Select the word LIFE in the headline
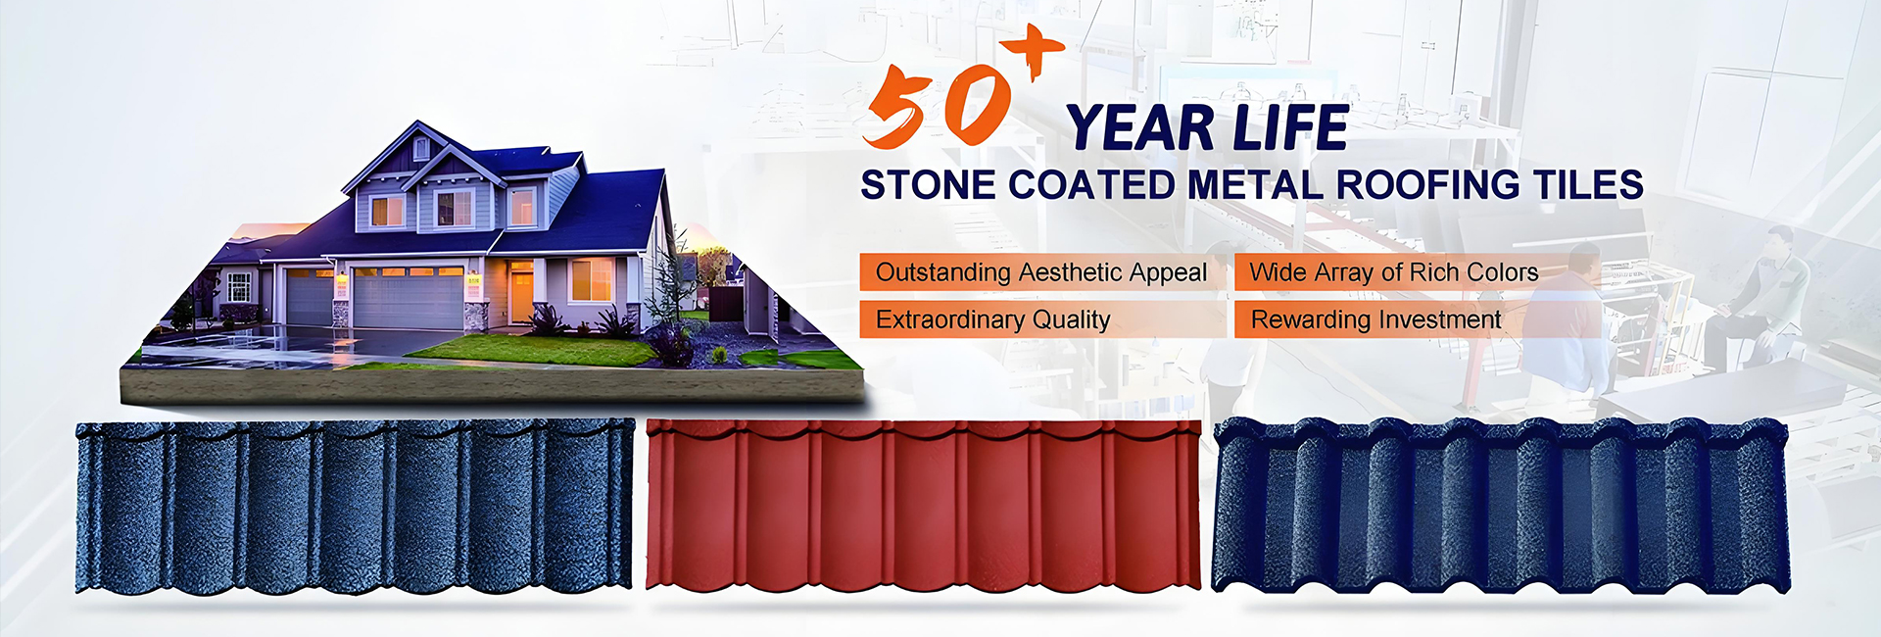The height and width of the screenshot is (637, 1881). pos(1291,128)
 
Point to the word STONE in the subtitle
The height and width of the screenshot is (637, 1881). pos(928,185)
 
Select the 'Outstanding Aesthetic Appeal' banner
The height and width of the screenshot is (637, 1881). pos(1042,272)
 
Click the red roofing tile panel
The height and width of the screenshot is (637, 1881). pos(924,505)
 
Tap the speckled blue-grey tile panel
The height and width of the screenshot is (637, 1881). pos(356,507)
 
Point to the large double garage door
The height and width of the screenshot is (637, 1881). pos(408,298)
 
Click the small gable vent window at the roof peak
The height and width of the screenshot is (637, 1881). pos(420,148)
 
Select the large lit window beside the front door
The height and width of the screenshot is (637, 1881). pos(591,280)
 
